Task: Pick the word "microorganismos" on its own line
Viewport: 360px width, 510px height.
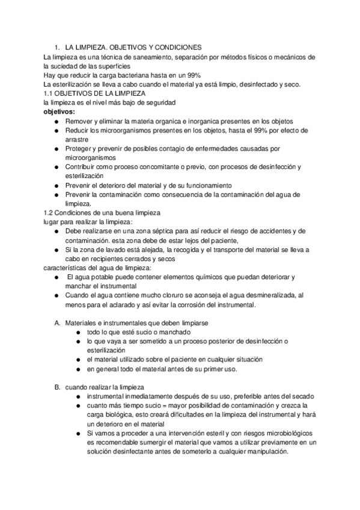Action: pos(91,157)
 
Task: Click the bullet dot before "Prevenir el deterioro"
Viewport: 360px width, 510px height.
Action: pos(56,186)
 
